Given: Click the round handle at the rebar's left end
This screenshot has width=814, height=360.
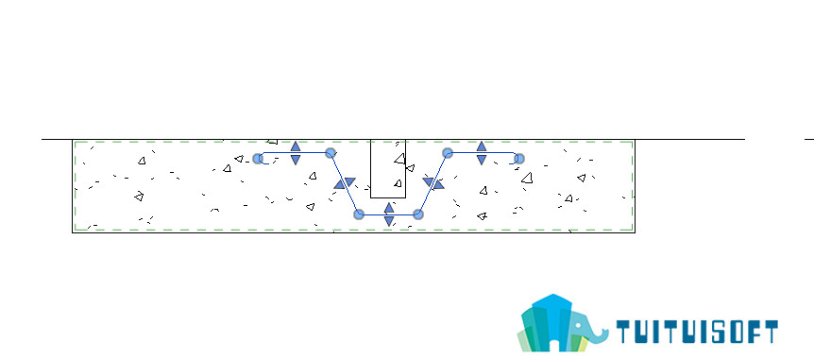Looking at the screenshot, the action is [x=258, y=159].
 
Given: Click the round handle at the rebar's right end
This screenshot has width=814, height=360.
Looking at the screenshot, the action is [x=518, y=159].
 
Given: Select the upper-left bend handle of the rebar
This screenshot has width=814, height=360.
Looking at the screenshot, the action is [x=331, y=153].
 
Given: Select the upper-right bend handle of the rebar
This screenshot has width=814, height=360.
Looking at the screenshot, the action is [x=448, y=153].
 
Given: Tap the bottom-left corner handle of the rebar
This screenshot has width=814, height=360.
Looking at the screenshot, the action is [x=358, y=214].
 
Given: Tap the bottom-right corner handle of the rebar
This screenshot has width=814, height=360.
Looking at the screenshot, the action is [x=418, y=214].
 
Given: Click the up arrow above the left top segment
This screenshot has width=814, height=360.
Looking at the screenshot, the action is [x=296, y=146].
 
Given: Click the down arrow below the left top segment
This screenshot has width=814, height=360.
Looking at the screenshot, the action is [x=296, y=160].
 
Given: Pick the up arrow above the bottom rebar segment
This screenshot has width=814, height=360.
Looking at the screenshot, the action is [x=389, y=207].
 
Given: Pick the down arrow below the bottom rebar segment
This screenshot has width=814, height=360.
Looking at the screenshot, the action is [x=389, y=221].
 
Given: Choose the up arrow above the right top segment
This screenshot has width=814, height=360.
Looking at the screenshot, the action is [x=482, y=146].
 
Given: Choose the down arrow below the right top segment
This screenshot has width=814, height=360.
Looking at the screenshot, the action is [x=482, y=160].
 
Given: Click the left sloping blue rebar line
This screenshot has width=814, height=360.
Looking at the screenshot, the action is [x=344, y=183].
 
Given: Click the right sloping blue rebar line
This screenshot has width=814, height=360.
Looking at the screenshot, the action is [x=432, y=183].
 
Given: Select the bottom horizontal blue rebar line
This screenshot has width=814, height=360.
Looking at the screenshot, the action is [x=388, y=214].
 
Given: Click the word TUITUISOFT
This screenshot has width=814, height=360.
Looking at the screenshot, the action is [x=697, y=332].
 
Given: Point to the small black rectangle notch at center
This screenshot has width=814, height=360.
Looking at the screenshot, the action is [x=388, y=169].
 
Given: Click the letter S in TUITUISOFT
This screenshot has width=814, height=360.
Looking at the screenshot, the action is [x=719, y=332].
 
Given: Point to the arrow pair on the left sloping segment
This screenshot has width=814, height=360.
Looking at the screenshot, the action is [x=345, y=183].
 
